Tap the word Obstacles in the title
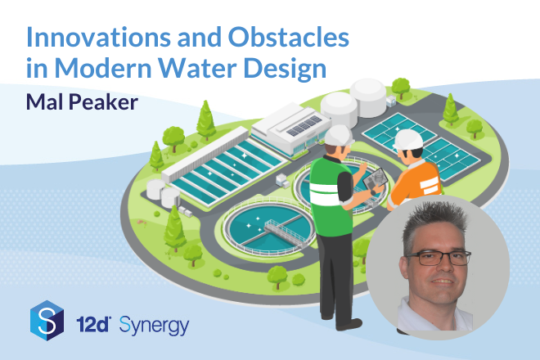289,37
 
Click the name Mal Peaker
82,102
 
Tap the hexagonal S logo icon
47,321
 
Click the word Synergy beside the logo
154,326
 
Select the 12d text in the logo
93,325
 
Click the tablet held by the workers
375,179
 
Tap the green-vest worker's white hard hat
339,135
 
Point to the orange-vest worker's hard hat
408,140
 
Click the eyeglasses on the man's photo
439,258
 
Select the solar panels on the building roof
304,126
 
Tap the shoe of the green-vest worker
349,324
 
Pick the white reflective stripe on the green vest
326,194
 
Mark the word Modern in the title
103,68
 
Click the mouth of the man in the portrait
443,281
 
